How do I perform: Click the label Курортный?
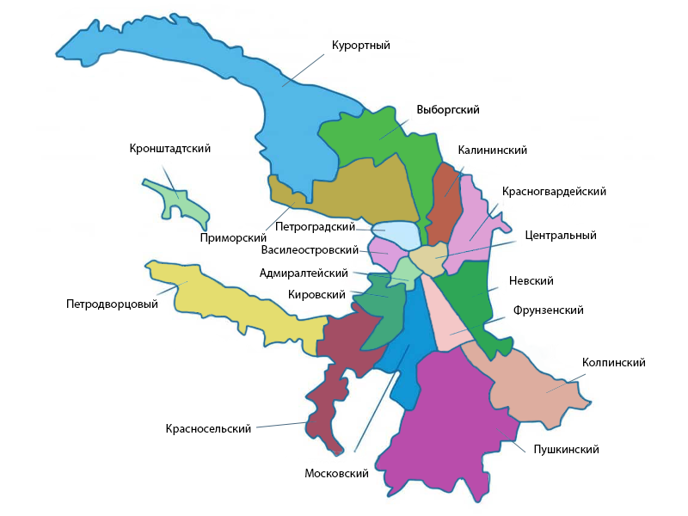point(361,46)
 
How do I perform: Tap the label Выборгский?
point(447,110)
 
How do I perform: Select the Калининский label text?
point(492,150)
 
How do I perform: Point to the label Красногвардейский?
point(555,192)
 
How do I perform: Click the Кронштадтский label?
point(170,149)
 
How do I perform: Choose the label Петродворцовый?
point(112,304)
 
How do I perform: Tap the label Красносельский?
point(208,428)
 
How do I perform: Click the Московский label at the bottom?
point(336,474)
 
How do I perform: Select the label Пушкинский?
point(566,450)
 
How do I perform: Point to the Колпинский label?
point(613,364)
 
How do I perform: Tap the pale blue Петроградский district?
point(396,233)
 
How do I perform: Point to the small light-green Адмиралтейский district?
point(402,271)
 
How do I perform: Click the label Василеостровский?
point(309,250)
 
